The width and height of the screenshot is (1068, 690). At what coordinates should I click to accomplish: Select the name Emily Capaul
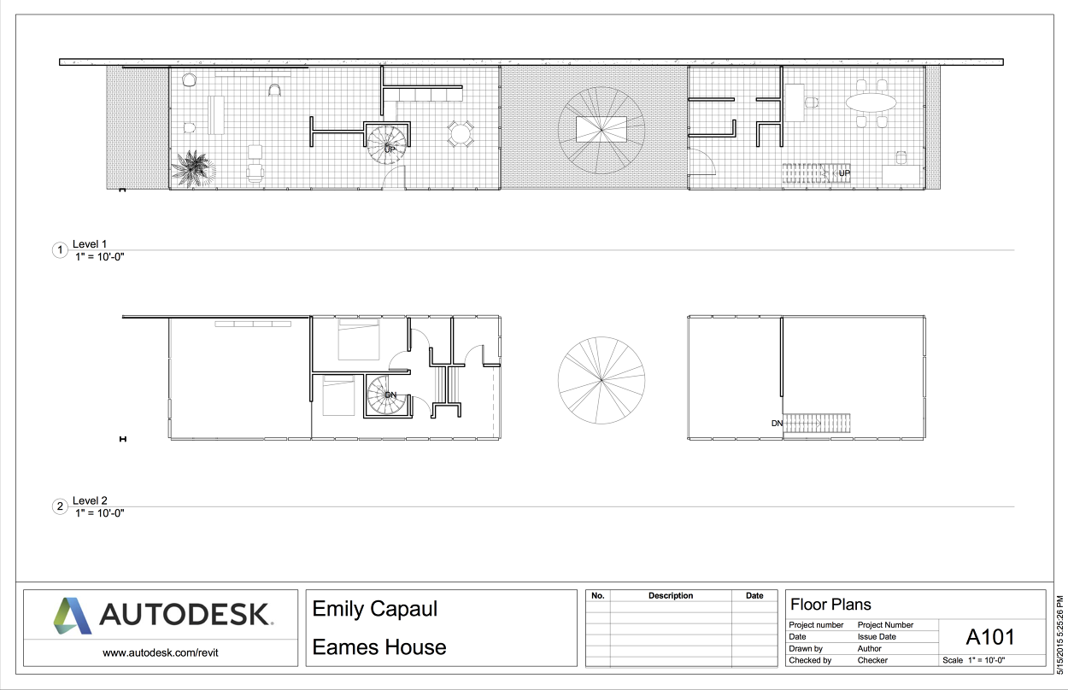(x=374, y=609)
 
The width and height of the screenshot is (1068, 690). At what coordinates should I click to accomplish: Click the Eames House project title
(x=379, y=647)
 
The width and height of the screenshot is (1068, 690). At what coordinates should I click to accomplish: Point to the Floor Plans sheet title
(x=830, y=605)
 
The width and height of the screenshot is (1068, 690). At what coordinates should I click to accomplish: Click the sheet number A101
(x=990, y=637)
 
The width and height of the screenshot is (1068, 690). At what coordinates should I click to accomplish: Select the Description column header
(x=671, y=596)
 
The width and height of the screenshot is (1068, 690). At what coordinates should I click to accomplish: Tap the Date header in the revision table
(x=754, y=596)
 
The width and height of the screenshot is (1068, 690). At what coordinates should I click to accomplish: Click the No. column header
(x=598, y=596)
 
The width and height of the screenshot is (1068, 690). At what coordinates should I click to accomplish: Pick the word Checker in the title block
(x=872, y=660)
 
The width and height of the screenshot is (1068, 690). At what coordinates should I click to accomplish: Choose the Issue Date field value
(x=877, y=636)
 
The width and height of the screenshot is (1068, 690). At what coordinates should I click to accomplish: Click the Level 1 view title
(x=90, y=244)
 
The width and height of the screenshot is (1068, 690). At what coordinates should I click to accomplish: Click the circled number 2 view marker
(x=60, y=506)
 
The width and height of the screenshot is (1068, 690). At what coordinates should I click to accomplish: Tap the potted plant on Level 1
(x=193, y=166)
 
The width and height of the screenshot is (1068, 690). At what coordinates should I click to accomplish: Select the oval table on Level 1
(x=871, y=102)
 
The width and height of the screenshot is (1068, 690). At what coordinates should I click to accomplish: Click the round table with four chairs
(x=461, y=132)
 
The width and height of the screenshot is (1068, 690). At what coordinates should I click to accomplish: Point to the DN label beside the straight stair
(x=777, y=423)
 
